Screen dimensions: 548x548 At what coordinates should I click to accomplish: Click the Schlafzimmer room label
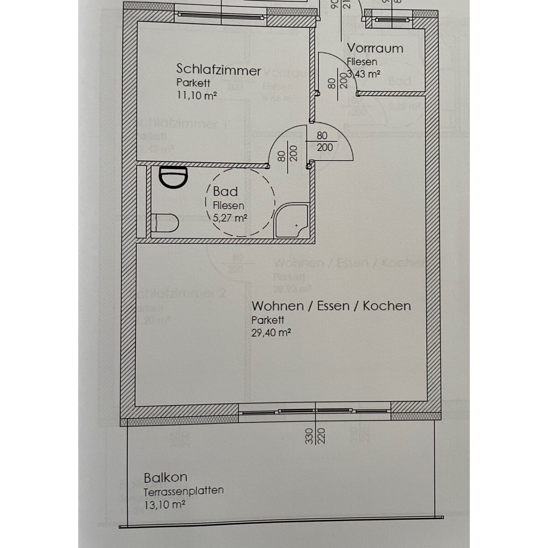[x=218, y=70]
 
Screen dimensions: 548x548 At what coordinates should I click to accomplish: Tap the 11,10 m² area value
[x=196, y=95]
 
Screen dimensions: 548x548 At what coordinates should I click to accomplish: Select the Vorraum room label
[x=375, y=48]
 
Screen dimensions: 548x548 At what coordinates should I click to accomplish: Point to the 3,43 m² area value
[x=364, y=74]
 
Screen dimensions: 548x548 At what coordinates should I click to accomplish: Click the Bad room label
[x=225, y=192]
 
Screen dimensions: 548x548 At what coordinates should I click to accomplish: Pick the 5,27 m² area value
[x=230, y=218]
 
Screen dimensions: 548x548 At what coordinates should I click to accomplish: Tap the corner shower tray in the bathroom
[x=292, y=221]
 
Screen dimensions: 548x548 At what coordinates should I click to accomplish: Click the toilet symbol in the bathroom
[x=166, y=222]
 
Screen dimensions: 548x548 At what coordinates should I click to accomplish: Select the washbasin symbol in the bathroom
[x=174, y=177]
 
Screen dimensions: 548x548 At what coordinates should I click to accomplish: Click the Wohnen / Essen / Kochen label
[x=331, y=306]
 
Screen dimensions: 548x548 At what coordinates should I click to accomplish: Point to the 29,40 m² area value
[x=271, y=332]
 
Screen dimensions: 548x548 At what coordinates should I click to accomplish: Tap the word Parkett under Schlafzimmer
[x=193, y=83]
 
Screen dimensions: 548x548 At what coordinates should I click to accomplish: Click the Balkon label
[x=165, y=478]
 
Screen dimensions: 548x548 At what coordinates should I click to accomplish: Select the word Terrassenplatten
[x=184, y=491]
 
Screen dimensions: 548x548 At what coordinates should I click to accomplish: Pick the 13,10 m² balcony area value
[x=164, y=505]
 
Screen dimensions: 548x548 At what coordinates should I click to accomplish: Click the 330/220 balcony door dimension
[x=315, y=436]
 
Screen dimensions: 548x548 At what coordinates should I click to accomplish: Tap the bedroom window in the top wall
[x=221, y=15]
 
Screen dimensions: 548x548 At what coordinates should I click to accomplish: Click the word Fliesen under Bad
[x=228, y=205]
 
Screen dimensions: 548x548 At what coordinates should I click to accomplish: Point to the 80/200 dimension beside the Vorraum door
[x=337, y=82]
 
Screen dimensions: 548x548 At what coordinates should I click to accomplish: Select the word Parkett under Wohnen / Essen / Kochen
[x=268, y=320]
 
